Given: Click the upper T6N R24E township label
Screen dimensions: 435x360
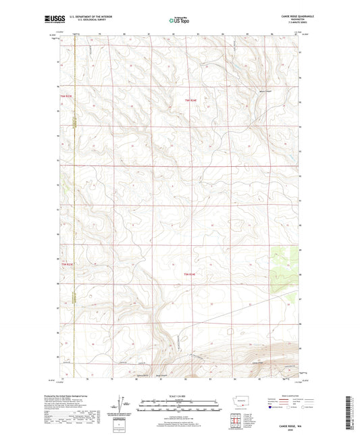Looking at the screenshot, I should pos(192,102).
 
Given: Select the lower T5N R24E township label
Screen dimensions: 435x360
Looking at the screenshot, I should pos(192,274).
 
